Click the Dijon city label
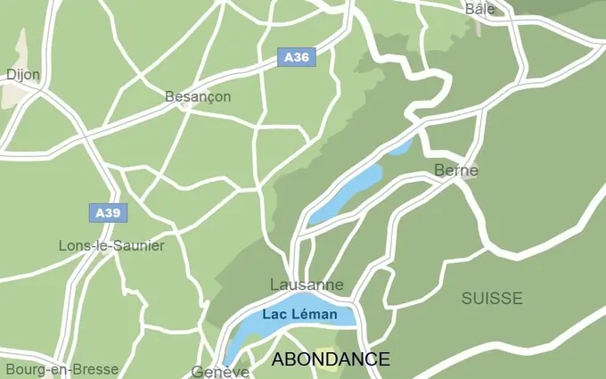click(x=23, y=75)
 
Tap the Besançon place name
click(x=198, y=96)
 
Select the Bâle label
click(x=479, y=9)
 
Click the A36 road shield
click(x=296, y=58)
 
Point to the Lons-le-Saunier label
click(x=111, y=245)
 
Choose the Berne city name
click(x=456, y=170)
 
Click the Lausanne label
click(x=307, y=284)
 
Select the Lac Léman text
click(x=299, y=315)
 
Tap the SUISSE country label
click(x=492, y=299)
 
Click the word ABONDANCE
click(x=330, y=359)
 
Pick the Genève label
click(x=220, y=372)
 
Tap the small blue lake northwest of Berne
click(x=399, y=145)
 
